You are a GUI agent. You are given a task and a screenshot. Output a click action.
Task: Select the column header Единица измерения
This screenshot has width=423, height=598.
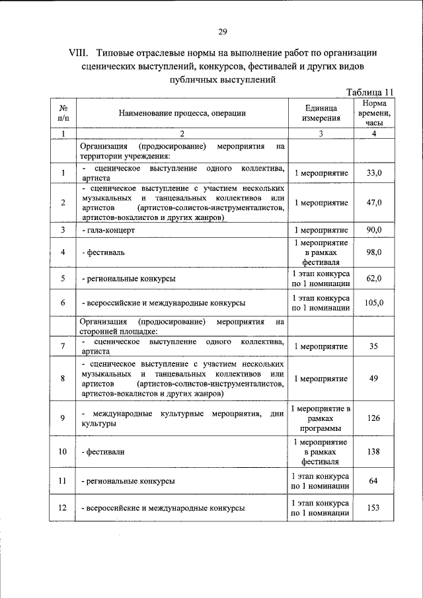pos(321,113)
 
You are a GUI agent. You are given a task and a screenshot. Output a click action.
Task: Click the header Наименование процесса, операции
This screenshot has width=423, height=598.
pos(182,113)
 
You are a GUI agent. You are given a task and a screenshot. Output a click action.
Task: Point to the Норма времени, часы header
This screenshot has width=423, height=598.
pos(375,113)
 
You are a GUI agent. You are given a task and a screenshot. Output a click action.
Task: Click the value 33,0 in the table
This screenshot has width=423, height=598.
pos(374,173)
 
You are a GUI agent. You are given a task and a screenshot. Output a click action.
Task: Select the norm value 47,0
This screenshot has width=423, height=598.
pos(374,203)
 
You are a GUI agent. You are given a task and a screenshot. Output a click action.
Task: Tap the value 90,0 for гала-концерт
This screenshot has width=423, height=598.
pos(374,230)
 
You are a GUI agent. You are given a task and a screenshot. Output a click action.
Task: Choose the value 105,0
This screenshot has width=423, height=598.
pos(374,303)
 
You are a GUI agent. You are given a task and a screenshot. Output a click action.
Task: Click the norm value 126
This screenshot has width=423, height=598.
pos(373,419)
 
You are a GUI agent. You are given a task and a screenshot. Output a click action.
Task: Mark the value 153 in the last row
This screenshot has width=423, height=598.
pos(373,508)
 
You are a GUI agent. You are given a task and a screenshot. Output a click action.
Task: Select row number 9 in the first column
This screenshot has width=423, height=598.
pos(62,419)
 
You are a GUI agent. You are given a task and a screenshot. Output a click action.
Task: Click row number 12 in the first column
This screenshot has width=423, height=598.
pos(62,508)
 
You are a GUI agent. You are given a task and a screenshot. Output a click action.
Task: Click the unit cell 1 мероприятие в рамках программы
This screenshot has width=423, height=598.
pos(321,419)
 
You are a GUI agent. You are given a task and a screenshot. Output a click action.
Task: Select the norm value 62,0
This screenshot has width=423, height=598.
pos(374,278)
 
